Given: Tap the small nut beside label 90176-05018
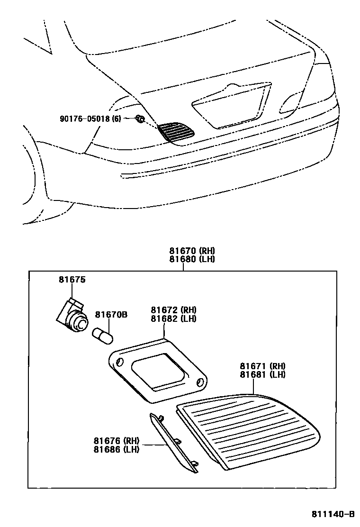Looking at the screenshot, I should point(140,119).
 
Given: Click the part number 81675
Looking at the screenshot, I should point(72,280).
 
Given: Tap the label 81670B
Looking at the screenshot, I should point(111,315).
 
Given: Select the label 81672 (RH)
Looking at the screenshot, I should point(173,310).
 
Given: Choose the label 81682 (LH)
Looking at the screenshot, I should point(173,318).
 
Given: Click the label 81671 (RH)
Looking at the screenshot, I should point(262,366).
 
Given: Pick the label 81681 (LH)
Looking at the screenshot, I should point(262,374).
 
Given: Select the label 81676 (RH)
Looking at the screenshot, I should point(116,441).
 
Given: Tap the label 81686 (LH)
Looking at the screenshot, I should point(116,449).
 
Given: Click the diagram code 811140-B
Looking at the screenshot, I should point(333,514).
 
